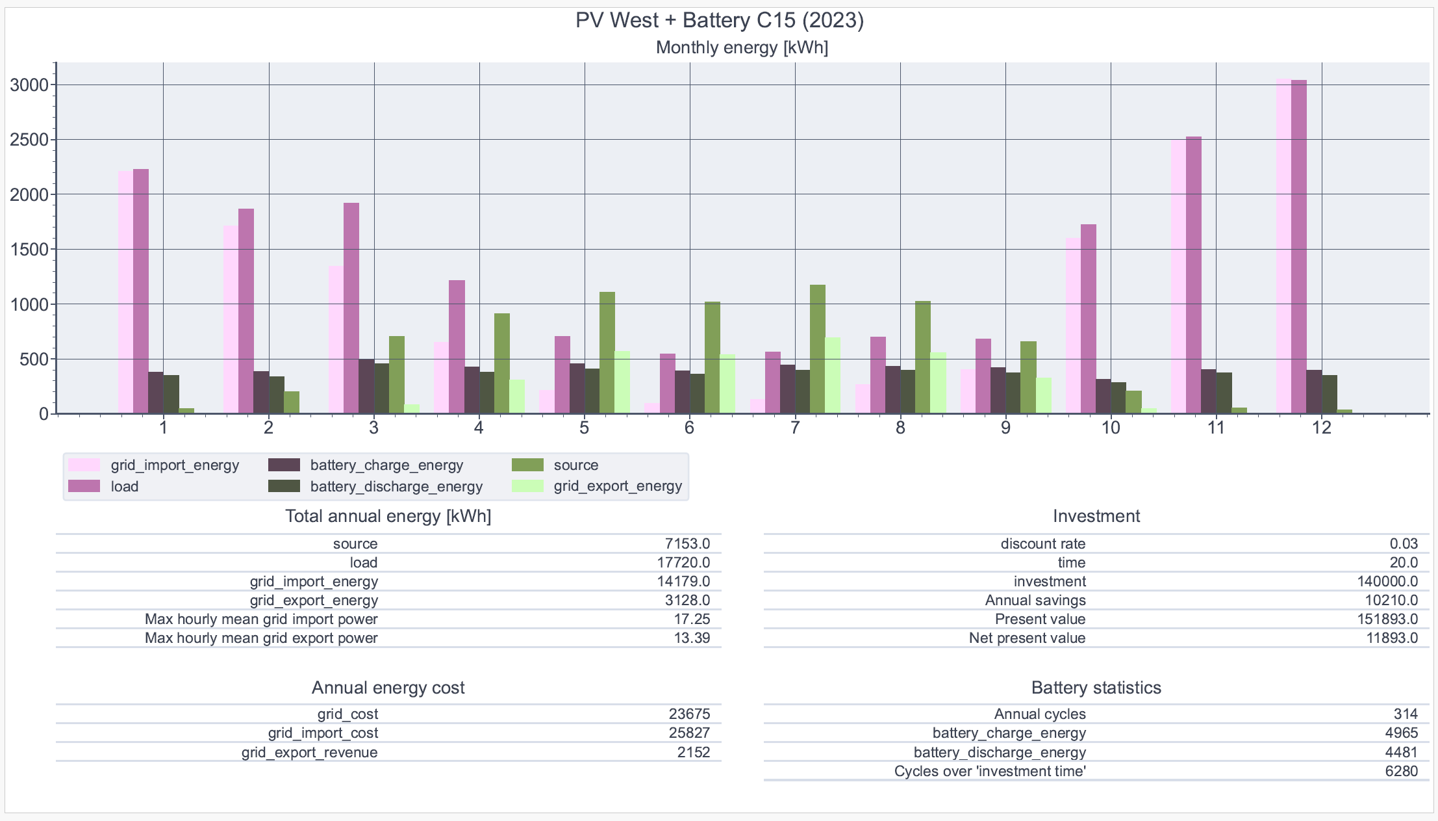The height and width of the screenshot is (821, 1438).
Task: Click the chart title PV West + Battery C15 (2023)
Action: pos(719,20)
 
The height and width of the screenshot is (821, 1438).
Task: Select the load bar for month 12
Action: pos(1298,247)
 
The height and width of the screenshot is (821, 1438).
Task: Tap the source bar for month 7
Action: pos(818,349)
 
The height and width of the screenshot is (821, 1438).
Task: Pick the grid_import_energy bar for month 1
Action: pos(125,293)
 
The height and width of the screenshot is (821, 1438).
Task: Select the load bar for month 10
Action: pos(1089,319)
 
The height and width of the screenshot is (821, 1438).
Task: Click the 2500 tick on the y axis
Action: pos(29,140)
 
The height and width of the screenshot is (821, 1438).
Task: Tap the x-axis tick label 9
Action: pos(1005,428)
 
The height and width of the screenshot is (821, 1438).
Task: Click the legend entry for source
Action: pos(575,465)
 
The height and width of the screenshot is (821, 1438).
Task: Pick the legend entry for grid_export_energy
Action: pos(617,486)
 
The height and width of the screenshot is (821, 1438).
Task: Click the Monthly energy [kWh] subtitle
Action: pos(742,47)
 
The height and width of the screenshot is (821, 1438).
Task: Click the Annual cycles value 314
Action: pos(1406,714)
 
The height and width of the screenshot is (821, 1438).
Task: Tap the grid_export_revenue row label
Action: pos(309,752)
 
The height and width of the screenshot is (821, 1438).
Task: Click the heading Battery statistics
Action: pos(1096,688)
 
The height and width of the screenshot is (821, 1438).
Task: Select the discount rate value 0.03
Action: pos(1404,543)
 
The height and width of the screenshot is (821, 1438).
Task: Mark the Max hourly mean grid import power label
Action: pos(261,619)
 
